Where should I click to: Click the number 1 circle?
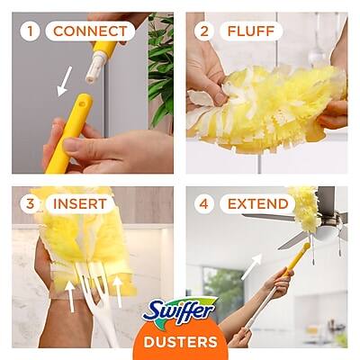(x=31, y=31)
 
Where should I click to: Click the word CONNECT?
(x=89, y=31)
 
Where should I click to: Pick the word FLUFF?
(x=251, y=31)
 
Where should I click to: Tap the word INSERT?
(x=80, y=203)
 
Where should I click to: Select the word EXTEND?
(x=258, y=203)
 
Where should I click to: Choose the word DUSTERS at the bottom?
(x=180, y=342)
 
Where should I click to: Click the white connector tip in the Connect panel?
(x=97, y=63)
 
